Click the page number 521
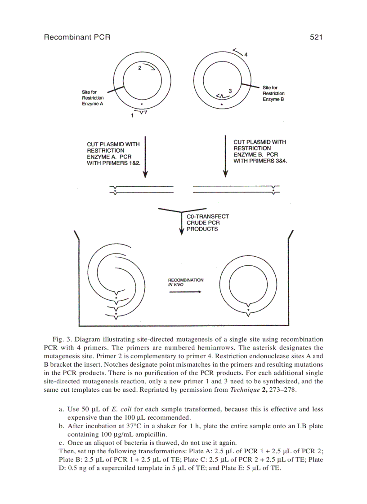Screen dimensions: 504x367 [316, 37]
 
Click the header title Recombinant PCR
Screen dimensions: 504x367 [77, 37]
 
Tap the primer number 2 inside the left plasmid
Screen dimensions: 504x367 [139, 68]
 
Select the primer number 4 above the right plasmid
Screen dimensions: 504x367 [246, 54]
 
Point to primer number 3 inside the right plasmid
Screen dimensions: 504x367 [230, 91]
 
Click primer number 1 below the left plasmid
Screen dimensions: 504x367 [132, 116]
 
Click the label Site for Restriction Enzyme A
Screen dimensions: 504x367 [93, 98]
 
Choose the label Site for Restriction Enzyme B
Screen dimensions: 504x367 [273, 93]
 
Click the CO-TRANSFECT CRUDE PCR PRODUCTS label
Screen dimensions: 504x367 [207, 223]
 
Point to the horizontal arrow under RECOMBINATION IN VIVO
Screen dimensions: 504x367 [185, 292]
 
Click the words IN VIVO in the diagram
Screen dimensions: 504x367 [176, 285]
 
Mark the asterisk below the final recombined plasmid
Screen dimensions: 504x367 [248, 310]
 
